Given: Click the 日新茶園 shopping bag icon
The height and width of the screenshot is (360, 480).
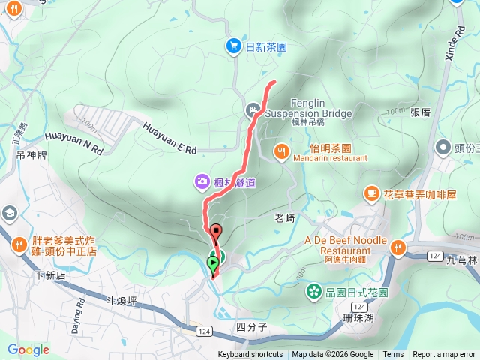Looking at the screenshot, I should click(233, 46).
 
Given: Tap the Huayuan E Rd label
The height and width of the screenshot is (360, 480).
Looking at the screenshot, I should click(169, 139).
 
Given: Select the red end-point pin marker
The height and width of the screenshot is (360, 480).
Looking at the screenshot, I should click(216, 232).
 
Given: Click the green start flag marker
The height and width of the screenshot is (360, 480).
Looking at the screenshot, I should click(213, 262).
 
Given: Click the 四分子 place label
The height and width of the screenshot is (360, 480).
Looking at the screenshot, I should click(251, 326).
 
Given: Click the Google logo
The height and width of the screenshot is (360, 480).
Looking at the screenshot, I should click(28, 349).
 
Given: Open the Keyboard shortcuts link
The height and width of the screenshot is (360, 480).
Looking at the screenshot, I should click(250, 355).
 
